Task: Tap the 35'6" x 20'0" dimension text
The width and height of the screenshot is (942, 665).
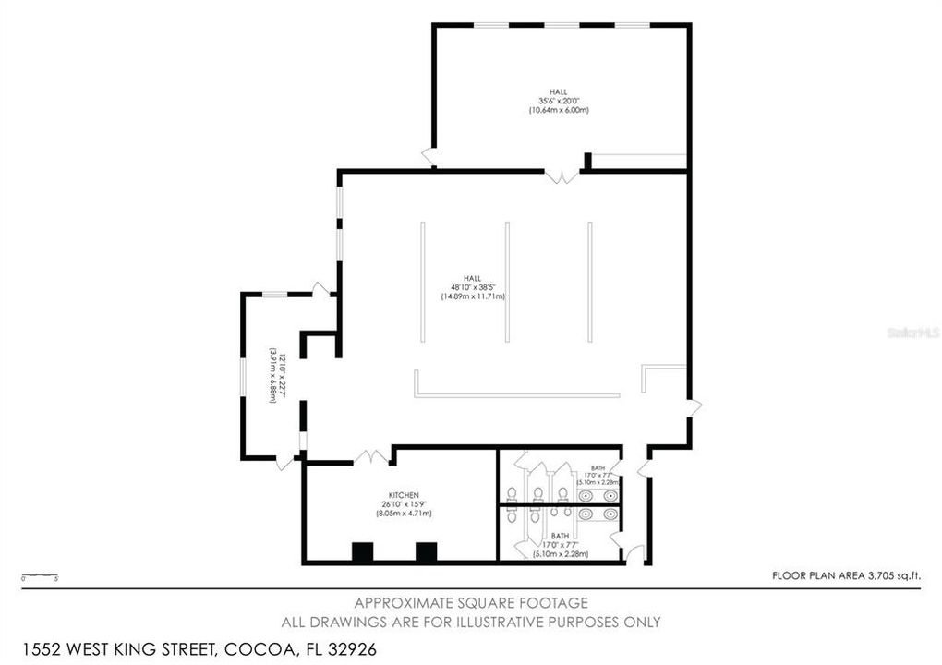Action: pyautogui.click(x=558, y=101)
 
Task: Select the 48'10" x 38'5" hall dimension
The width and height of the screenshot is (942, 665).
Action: pyautogui.click(x=472, y=287)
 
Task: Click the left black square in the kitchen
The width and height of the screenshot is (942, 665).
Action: pyautogui.click(x=362, y=552)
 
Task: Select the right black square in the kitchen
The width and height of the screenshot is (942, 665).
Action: pyautogui.click(x=426, y=552)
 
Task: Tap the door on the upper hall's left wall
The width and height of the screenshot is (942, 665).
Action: pyautogui.click(x=429, y=157)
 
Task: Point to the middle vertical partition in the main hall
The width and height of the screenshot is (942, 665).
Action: pyautogui.click(x=506, y=282)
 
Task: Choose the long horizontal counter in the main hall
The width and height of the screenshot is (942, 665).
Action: pyautogui.click(x=517, y=395)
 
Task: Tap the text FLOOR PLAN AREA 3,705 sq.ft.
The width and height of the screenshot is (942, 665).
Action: pyautogui.click(x=846, y=575)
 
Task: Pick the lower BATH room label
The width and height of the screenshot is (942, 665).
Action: pyautogui.click(x=560, y=536)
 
